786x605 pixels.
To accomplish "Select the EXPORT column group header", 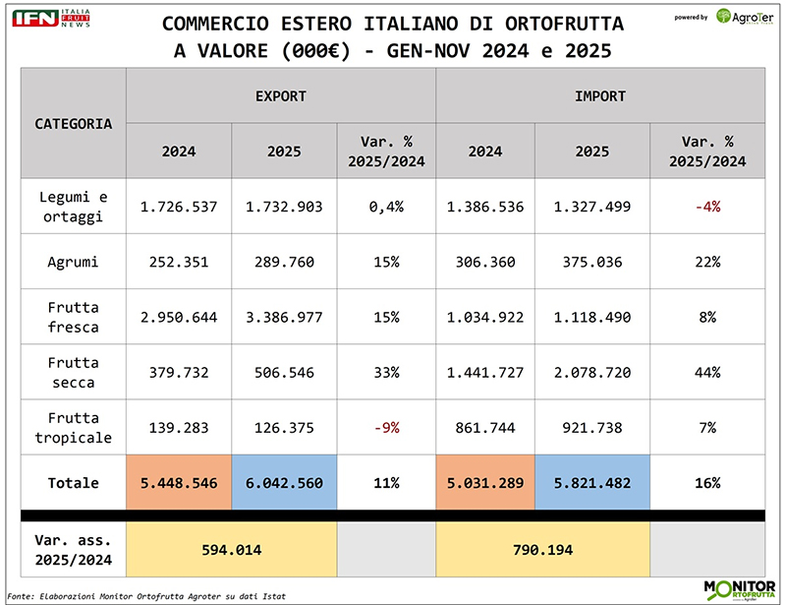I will pos(280,96).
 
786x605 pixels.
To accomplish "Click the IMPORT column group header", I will pos(599,96).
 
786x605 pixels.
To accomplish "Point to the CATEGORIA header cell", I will pos(74,124).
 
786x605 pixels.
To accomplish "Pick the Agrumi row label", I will pos(74,263).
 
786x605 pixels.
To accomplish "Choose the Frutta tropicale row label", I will pos(74,427).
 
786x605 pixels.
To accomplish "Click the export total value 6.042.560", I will pos(284,483).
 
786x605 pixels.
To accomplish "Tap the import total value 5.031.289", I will pos(485,483).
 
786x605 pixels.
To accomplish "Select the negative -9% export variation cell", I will pos(386,427).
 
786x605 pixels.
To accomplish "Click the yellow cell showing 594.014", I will pos(231,550).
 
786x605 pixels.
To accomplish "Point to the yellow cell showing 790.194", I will pos(542,550).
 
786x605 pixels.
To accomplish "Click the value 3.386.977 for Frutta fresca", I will pos(284,318).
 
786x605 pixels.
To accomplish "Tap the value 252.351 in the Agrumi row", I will pos(179,263).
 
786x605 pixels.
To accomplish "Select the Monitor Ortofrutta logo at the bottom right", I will pos(739,588).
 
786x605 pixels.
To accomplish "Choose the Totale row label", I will pos(74,483).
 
